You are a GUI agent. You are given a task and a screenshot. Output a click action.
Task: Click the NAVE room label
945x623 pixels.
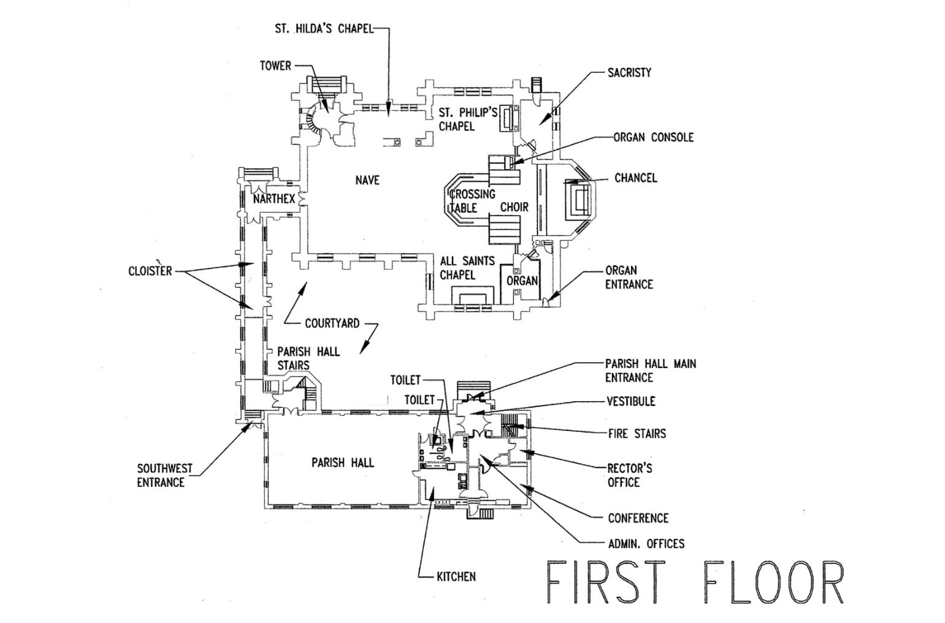[x=367, y=181]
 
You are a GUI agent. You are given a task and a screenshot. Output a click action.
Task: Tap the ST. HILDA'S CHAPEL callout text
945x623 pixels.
[x=324, y=29]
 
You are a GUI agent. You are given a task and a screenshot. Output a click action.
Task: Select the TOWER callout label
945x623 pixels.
[x=275, y=66]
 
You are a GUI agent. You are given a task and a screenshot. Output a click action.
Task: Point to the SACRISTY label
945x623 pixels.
[x=629, y=72]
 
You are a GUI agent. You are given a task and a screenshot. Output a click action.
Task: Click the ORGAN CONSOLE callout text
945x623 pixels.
[x=654, y=137]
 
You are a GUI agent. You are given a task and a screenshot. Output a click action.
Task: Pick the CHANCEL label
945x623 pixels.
[x=636, y=178]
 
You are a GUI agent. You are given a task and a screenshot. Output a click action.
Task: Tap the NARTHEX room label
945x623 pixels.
[x=274, y=199]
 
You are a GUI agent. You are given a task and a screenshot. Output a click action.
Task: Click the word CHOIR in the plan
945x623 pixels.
[x=515, y=208]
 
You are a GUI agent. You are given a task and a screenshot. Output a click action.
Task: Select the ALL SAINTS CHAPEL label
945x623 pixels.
[x=467, y=268]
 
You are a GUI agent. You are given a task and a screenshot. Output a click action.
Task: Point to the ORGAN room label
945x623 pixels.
[x=522, y=281]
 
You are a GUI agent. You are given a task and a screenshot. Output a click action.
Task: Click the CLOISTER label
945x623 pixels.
[x=150, y=271]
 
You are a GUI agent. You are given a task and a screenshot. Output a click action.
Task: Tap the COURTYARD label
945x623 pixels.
[x=332, y=323]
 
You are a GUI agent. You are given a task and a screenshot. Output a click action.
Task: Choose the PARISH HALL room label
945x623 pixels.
[x=343, y=463]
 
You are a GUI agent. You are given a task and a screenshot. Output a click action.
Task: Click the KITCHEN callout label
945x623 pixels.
[x=456, y=576]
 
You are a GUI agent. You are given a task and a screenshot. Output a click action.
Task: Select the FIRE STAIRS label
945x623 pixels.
[x=637, y=434]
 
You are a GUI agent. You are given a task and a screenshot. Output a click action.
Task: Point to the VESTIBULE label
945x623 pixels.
[x=631, y=401]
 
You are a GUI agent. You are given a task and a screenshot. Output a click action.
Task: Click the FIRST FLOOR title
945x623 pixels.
[x=695, y=582]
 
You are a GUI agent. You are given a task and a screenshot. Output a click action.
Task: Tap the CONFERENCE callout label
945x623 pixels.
[x=638, y=518]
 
